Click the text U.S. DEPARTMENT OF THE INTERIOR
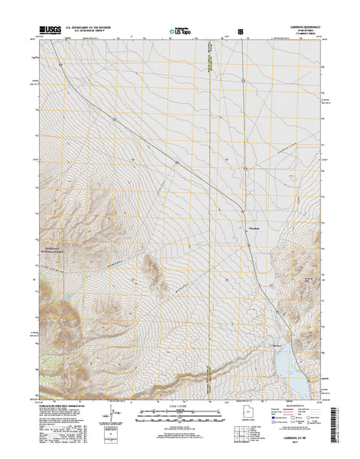coord(92,28)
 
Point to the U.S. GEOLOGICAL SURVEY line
coord(92,31)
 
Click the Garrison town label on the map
coord(255,227)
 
